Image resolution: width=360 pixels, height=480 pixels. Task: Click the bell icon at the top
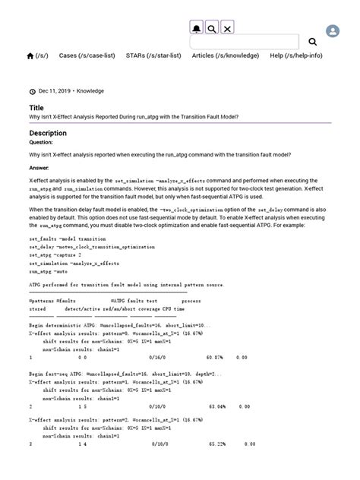point(197,28)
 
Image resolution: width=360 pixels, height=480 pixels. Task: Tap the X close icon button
point(227,28)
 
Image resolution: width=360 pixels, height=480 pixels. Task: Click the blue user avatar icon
point(333,31)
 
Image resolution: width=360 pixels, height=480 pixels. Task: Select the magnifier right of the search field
point(312,42)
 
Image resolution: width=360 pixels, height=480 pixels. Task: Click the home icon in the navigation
point(30,55)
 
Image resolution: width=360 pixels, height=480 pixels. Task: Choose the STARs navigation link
point(153,55)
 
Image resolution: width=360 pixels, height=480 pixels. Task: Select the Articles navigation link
point(226,55)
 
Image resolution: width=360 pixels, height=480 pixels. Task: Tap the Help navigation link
point(295,55)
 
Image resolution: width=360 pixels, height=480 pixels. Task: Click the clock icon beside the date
point(32,91)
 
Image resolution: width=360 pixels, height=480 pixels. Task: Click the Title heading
point(37,108)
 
